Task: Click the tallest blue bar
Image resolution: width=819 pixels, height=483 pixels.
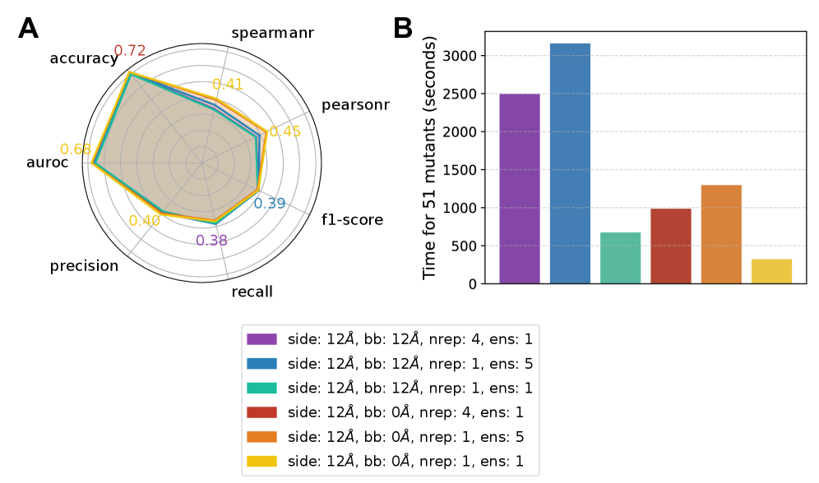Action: pos(570,163)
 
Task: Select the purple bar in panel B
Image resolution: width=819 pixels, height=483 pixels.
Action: pos(520,189)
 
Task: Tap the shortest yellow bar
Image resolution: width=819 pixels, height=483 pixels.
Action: pos(771,272)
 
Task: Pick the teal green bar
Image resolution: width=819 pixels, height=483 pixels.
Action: pos(620,258)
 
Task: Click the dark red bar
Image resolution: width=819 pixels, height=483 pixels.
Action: pos(670,246)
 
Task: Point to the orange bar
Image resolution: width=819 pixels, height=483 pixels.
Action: pos(721,234)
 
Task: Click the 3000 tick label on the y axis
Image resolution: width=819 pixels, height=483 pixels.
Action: pos(460,56)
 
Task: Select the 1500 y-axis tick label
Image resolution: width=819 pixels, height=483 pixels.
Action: pos(460,170)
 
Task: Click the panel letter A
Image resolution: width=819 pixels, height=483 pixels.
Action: pos(28,29)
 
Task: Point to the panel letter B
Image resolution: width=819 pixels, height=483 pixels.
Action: pos(403,29)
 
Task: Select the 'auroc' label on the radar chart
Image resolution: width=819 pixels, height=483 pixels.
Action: pos(48,163)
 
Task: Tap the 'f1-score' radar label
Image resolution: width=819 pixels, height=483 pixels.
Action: pos(352,219)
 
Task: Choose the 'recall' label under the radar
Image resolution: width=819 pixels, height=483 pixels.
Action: pos(252,292)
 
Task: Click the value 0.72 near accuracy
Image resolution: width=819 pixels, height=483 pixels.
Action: pos(130,51)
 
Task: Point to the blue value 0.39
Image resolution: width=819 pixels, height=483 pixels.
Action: pos(269,204)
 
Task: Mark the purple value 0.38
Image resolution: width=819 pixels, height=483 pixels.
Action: pos(211,241)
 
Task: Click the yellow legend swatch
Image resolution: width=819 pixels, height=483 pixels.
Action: pos(261,461)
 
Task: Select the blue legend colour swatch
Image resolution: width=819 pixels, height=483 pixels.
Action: pos(261,363)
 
